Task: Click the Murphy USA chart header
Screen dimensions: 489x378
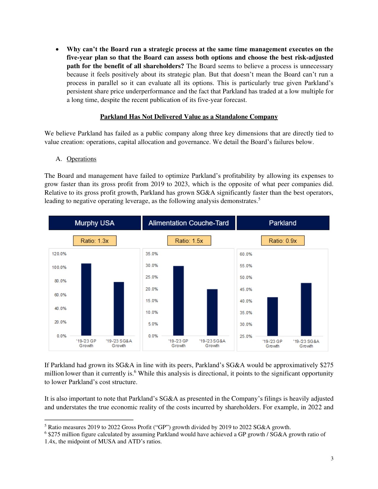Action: [95, 223]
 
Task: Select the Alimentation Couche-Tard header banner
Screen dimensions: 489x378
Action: [189, 223]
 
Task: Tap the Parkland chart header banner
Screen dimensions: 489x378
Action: [283, 223]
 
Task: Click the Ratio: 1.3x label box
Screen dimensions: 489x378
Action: [95, 241]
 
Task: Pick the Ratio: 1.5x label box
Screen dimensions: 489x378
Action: [189, 241]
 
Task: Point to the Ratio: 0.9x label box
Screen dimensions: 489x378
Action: [283, 241]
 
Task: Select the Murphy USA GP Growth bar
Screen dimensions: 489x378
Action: [86, 299]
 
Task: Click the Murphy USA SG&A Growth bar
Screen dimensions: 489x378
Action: [119, 309]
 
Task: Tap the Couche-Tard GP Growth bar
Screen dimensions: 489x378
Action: [178, 301]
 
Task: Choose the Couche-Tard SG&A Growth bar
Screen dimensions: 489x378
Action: [212, 312]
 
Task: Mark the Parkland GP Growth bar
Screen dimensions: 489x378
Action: [272, 316]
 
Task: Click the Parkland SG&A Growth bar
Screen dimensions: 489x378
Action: [306, 309]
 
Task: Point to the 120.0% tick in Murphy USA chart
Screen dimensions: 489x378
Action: [59, 254]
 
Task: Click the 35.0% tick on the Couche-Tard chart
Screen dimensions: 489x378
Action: [151, 254]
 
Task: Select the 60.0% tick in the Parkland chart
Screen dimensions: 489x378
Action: [246, 254]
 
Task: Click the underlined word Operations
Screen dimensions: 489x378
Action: [82, 159]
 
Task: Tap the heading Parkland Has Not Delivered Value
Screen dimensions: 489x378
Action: [189, 117]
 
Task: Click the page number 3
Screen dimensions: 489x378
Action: [332, 458]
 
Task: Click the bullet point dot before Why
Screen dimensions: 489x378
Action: [58, 49]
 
